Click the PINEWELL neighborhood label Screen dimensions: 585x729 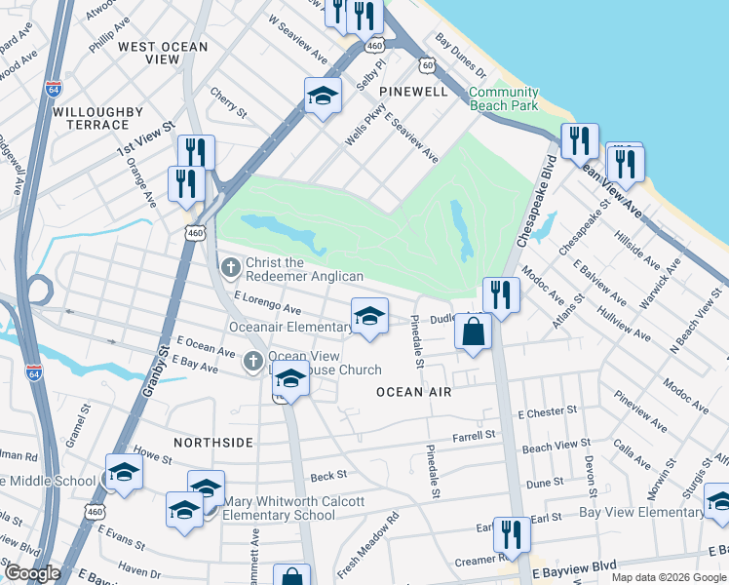coord(413,92)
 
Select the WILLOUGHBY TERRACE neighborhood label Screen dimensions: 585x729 coord(91,118)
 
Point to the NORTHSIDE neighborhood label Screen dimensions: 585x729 coord(213,443)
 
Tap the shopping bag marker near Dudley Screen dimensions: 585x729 coord(473,331)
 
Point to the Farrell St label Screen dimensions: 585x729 coord(474,434)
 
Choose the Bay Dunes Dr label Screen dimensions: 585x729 coord(461,56)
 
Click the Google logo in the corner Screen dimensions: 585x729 coord(32,573)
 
